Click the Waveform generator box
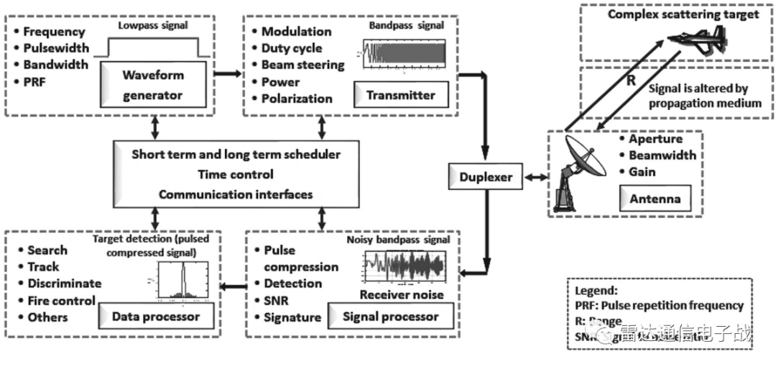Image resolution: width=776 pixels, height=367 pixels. tap(153, 84)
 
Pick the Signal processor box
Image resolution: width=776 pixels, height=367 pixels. tap(391, 317)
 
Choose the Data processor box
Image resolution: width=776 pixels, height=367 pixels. tap(156, 317)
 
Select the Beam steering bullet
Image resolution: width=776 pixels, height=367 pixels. tap(302, 65)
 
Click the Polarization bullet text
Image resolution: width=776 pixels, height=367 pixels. tap(296, 99)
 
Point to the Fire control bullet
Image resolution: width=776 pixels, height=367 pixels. tap(60, 301)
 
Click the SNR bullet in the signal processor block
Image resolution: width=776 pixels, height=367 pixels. tap(276, 301)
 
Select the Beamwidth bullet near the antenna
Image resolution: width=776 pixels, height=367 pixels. tap(662, 155)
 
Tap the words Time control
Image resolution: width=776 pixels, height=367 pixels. tap(235, 174)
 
